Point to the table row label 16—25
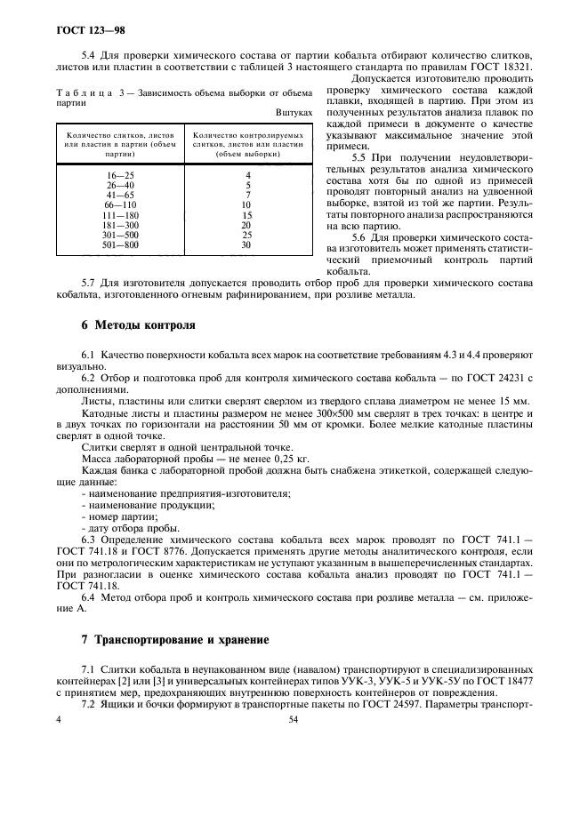tap(119, 175)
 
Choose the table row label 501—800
tap(119, 244)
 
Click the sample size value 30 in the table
tap(246, 244)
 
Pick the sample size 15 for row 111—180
tap(246, 215)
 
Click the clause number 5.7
tap(92, 283)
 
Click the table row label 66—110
tap(119, 204)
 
